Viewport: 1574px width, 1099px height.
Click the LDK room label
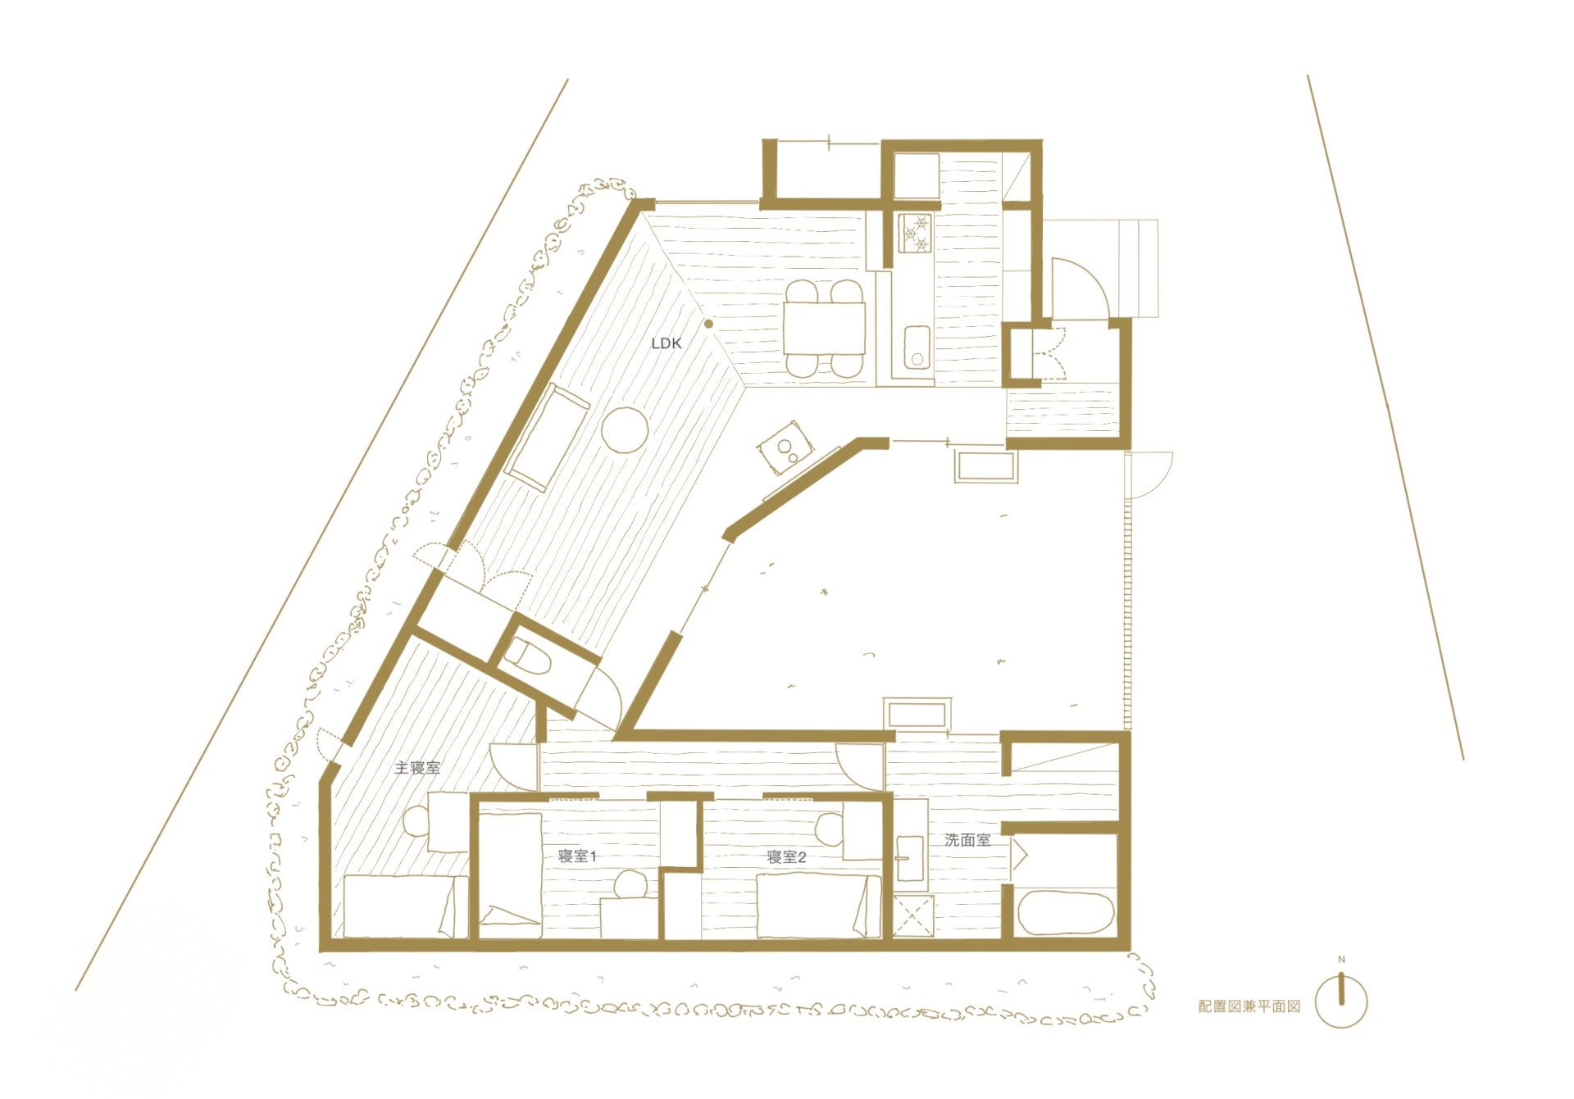[666, 343]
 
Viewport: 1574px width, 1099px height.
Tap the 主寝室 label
[417, 768]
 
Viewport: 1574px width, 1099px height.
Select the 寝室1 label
[577, 856]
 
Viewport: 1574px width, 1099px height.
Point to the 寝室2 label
[786, 857]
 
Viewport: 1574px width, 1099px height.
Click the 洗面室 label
[967, 840]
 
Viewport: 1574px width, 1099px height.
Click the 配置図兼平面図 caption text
[1249, 1006]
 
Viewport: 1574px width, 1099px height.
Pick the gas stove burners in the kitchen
[916, 234]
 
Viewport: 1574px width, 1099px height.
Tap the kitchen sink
[917, 348]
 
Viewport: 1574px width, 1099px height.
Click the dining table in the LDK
[824, 328]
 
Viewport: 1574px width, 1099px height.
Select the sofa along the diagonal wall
[547, 437]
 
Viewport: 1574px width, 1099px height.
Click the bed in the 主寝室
[405, 906]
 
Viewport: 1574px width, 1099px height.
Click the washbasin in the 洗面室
[909, 858]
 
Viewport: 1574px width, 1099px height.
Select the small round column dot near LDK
[708, 324]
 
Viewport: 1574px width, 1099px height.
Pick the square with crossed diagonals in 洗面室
[913, 917]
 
